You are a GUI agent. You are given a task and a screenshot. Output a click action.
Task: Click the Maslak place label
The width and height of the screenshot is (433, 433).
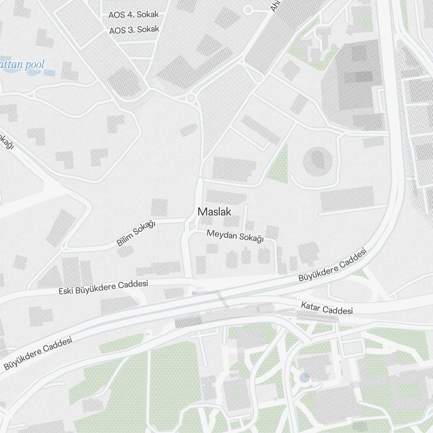(214, 212)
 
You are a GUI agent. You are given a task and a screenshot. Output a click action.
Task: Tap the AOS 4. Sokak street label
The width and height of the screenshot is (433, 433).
(133, 15)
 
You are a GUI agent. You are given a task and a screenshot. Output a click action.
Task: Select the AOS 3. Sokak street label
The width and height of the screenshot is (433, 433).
(134, 30)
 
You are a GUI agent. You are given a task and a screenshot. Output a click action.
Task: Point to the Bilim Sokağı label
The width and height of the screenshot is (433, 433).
(136, 233)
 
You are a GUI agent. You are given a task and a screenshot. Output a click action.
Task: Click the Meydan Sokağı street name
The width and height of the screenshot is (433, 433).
(235, 236)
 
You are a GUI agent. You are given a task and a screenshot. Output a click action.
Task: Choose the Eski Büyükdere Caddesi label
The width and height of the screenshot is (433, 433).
(103, 287)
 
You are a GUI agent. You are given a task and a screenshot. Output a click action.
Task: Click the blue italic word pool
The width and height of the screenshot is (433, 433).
(35, 65)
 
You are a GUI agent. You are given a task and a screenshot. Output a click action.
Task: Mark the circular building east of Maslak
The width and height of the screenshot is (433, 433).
(318, 159)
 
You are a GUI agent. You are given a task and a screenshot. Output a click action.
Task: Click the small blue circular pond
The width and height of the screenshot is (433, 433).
(305, 378)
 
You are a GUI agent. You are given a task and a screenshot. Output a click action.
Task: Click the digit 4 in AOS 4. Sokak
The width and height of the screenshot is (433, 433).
(129, 15)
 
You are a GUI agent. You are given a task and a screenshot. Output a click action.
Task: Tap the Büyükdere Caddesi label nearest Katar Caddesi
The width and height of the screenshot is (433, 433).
(332, 265)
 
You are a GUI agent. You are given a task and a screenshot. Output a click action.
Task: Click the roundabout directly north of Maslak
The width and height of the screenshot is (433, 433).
(191, 98)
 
